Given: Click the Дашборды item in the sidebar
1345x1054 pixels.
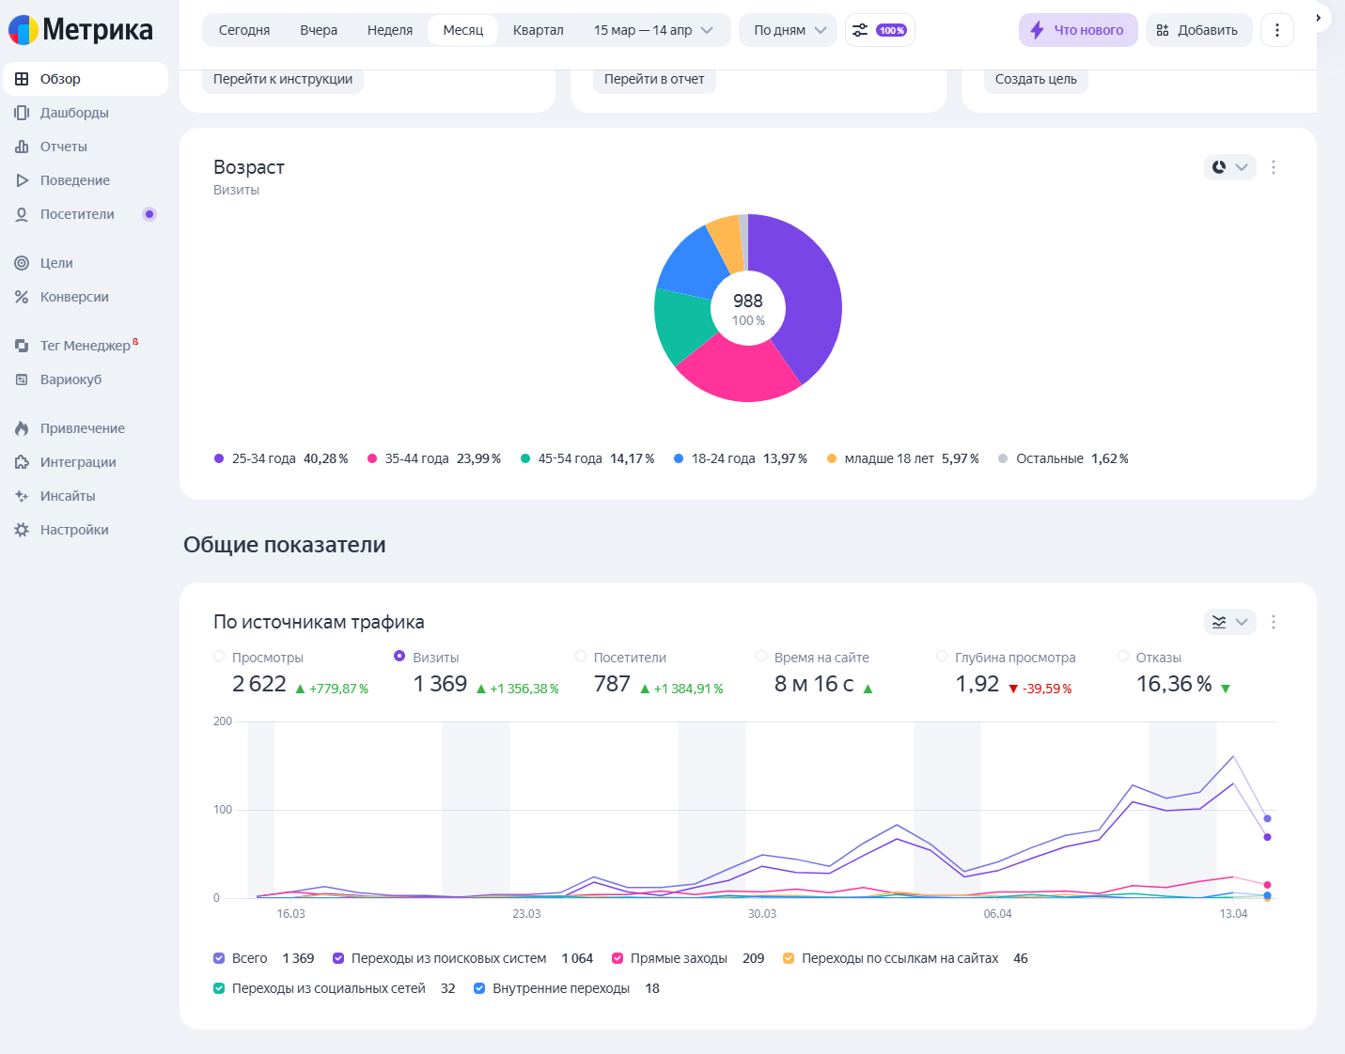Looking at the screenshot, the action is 74,113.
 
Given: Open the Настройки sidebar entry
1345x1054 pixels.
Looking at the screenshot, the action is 74,530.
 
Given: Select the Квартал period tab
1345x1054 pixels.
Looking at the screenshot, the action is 538,30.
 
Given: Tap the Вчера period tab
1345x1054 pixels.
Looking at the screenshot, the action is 318,30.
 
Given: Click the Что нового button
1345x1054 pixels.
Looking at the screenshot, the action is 1078,30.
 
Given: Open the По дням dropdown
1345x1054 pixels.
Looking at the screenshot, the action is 788,30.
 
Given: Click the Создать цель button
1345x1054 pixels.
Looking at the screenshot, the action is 1036,79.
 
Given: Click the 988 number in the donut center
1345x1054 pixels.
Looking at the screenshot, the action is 748,301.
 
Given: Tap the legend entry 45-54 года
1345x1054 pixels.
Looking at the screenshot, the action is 586,459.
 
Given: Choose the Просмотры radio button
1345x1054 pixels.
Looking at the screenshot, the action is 219,657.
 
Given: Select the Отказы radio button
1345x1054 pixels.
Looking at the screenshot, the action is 1123,657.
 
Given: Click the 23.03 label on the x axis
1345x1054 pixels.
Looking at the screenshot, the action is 526,914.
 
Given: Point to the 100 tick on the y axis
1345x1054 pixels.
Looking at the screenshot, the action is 223,810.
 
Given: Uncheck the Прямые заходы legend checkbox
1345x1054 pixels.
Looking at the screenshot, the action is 618,958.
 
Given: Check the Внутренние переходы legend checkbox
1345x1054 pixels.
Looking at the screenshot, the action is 479,988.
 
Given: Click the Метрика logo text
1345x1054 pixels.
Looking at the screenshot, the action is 97,30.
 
